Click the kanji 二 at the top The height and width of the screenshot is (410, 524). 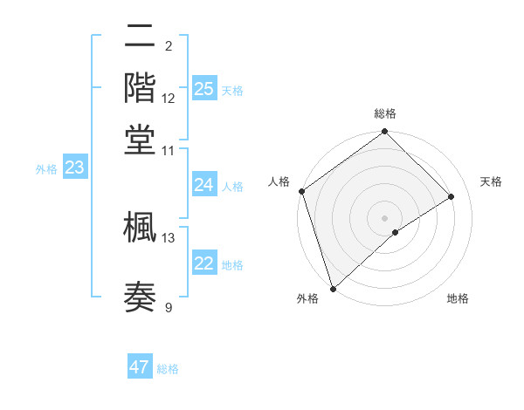pos(140,38)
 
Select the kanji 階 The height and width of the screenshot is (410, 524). pos(140,87)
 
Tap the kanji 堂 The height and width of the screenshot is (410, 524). pos(140,138)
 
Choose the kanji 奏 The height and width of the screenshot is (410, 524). pos(140,297)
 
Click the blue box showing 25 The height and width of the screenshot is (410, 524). pos(204,88)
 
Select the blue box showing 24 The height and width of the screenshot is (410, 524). pos(204,185)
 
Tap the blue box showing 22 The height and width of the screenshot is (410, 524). pos(204,264)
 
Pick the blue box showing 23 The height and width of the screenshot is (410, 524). pos(74,168)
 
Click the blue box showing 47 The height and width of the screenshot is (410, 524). pos(140,367)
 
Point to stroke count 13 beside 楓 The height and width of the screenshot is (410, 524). pos(169,237)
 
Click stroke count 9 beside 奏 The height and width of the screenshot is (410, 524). pos(169,307)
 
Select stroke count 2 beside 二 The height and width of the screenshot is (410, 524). pos(169,45)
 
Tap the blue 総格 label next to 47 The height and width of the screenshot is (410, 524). pos(168,369)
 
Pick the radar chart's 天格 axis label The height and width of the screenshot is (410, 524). pos(491,181)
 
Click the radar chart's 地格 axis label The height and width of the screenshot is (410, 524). pos(458,299)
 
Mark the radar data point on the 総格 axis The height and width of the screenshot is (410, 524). pos(384,133)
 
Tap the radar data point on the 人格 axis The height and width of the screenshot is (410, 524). pos(301,191)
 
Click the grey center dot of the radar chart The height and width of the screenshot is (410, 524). pos(384,218)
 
